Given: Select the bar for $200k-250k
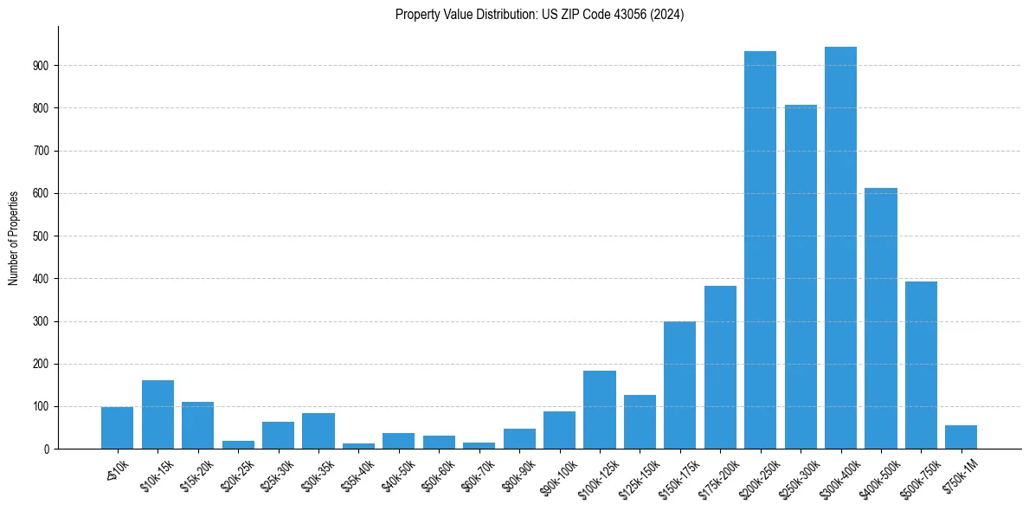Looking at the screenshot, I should point(760,250).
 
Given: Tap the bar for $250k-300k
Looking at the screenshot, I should point(801,277).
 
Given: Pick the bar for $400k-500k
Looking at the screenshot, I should point(881,319).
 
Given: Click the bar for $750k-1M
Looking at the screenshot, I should point(961,437).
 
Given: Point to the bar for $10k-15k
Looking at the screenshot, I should point(158,415).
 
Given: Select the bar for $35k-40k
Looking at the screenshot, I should point(358,446).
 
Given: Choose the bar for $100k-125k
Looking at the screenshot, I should point(600,410).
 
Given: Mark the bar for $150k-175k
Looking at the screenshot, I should point(679,385).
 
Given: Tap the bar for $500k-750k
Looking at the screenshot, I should point(921,365).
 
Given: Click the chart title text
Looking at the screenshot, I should point(539,15).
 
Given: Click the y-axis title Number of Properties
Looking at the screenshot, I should point(14,238).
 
